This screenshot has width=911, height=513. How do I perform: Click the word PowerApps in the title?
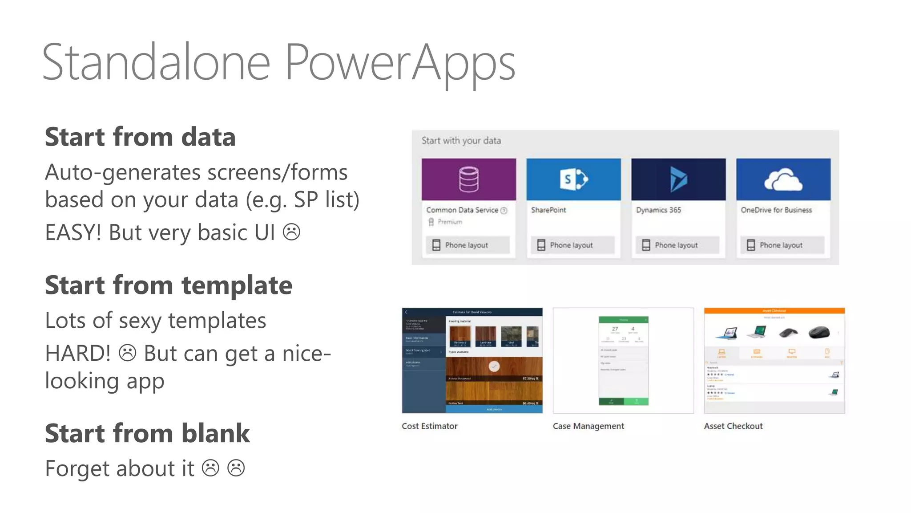399,62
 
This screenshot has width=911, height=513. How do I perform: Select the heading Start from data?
140,137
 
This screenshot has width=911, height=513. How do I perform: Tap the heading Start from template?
169,285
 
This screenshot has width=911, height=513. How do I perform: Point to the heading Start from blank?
147,433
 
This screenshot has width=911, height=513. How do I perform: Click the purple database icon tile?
469,179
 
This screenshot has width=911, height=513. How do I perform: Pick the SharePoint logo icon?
573,179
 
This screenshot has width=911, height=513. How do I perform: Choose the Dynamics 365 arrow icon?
678,179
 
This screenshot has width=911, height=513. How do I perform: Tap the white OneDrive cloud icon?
783,179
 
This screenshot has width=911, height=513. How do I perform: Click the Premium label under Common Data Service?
449,222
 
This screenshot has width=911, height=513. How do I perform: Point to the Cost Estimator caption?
429,426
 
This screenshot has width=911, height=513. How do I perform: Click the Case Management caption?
588,426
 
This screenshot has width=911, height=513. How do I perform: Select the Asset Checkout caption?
733,426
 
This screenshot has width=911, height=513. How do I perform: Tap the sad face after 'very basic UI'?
292,232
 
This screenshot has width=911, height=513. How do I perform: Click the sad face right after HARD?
127,353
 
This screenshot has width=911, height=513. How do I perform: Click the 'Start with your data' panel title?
461,141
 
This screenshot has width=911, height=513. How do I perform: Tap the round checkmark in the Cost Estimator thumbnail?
494,366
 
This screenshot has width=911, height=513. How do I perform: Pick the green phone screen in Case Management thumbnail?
623,361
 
